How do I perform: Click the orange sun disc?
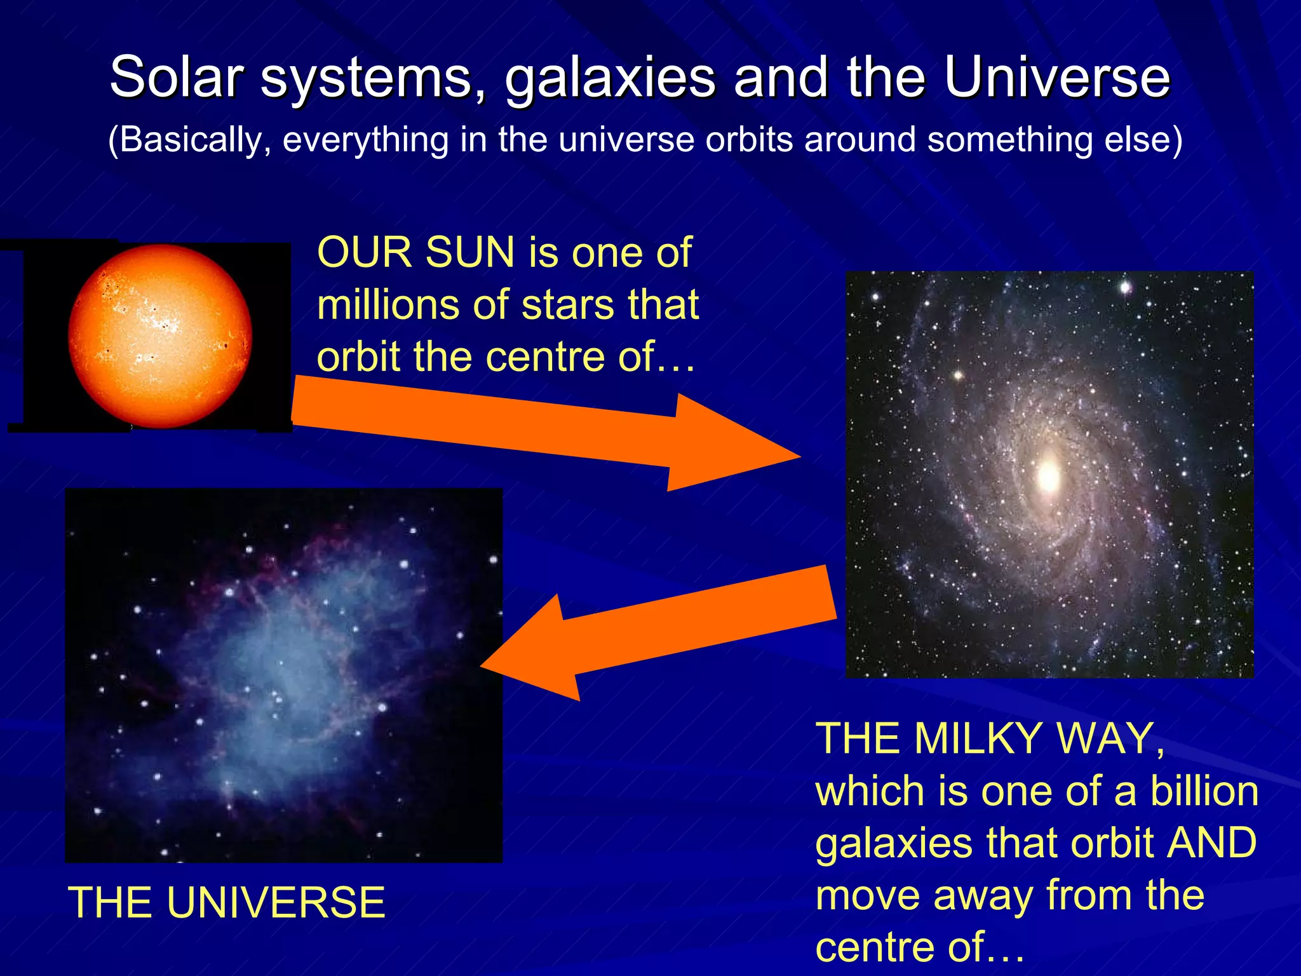tap(160, 335)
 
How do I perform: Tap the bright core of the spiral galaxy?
tap(1048, 475)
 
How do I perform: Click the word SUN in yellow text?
tap(469, 253)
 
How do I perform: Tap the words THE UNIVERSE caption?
tap(227, 903)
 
